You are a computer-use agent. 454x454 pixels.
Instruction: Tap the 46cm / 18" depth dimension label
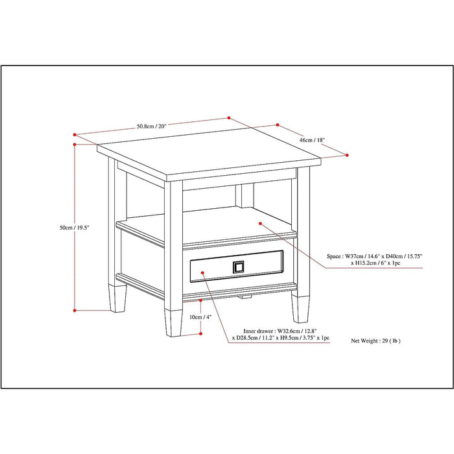(312, 140)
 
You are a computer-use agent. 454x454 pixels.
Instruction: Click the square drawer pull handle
(239, 267)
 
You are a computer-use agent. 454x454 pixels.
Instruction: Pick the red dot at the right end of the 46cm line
(347, 154)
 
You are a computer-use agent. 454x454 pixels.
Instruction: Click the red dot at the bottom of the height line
(75, 310)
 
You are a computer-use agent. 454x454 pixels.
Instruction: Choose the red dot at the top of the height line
(75, 144)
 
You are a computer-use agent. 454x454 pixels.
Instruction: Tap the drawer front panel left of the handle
(208, 266)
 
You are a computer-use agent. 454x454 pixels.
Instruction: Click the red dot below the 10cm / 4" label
(201, 333)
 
